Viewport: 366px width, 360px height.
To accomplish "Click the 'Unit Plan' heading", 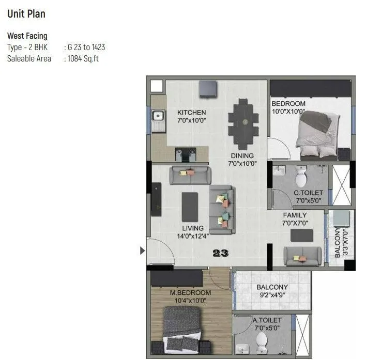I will [26, 14].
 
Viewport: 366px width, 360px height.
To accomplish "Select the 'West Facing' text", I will [27, 36].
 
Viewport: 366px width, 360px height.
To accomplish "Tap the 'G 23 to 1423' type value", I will [86, 48].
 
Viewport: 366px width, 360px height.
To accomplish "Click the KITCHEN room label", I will [191, 113].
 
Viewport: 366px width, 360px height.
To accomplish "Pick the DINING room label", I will [242, 155].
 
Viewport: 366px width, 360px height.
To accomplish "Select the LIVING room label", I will [192, 228].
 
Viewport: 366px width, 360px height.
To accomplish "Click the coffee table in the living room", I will [190, 206].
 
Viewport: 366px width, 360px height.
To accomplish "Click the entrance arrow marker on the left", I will [143, 251].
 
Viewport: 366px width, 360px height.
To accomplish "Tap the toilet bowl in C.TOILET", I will [300, 178].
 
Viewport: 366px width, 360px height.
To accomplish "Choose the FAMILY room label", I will [295, 215].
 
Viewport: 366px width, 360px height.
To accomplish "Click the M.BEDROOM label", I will [190, 293].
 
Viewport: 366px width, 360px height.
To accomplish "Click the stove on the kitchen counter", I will [186, 154].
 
